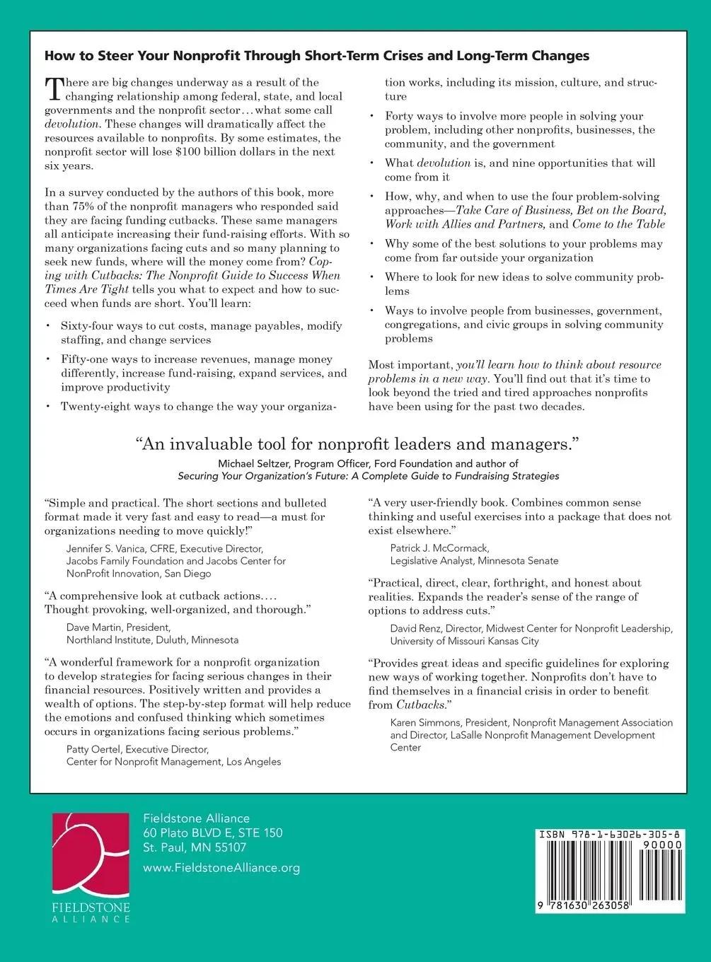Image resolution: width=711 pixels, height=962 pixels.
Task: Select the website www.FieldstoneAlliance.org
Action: coord(221,868)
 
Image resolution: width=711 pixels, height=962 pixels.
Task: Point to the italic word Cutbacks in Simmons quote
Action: coord(421,705)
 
